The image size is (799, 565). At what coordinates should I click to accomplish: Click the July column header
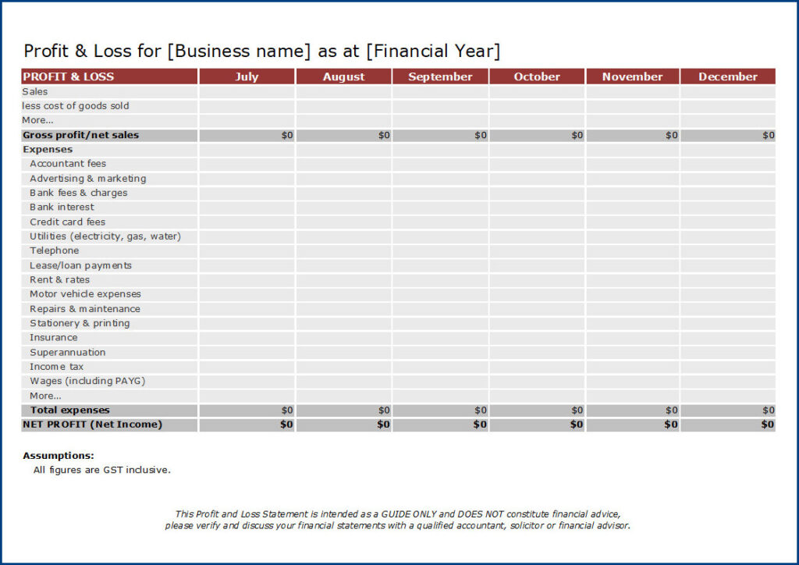247,76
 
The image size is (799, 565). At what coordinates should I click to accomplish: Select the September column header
440,76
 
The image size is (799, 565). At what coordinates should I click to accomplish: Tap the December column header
727,76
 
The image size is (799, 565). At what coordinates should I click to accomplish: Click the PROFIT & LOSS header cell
69,76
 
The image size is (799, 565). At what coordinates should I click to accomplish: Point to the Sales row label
35,91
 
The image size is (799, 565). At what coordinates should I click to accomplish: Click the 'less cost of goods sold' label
76,105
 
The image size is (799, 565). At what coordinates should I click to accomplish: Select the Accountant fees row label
68,164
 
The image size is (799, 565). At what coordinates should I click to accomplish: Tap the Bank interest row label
62,207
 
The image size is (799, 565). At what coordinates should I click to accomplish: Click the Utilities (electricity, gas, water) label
105,236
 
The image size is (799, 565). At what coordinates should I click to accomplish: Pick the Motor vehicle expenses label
85,294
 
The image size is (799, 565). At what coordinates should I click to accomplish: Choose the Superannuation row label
68,352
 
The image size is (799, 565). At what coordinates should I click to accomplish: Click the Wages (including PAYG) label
87,381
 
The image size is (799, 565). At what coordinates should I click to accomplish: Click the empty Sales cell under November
632,91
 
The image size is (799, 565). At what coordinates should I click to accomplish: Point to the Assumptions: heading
59,456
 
